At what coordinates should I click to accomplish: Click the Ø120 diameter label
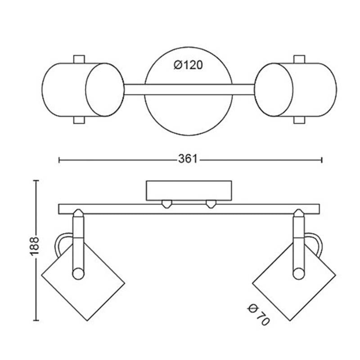(188, 65)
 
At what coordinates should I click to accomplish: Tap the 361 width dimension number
(188, 159)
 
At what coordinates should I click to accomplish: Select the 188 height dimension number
(35, 246)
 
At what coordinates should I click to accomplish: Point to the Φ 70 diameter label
(258, 315)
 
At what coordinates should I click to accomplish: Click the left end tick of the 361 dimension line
(59, 160)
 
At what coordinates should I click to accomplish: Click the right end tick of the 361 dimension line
(322, 160)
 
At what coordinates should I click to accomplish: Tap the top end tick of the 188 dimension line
(36, 181)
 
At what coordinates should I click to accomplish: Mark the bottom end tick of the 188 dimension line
(36, 320)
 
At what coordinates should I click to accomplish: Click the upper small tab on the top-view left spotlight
(79, 59)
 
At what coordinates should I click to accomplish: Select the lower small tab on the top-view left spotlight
(79, 120)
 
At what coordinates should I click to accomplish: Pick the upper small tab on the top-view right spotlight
(299, 59)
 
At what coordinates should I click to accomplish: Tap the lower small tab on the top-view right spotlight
(299, 120)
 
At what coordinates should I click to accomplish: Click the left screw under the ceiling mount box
(167, 204)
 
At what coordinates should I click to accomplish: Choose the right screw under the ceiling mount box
(211, 204)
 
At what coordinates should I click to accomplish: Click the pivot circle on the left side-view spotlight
(78, 274)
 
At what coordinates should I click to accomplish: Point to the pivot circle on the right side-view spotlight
(299, 274)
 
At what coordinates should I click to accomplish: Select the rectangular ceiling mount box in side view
(189, 190)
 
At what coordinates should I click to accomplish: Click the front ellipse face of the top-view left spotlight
(105, 90)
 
